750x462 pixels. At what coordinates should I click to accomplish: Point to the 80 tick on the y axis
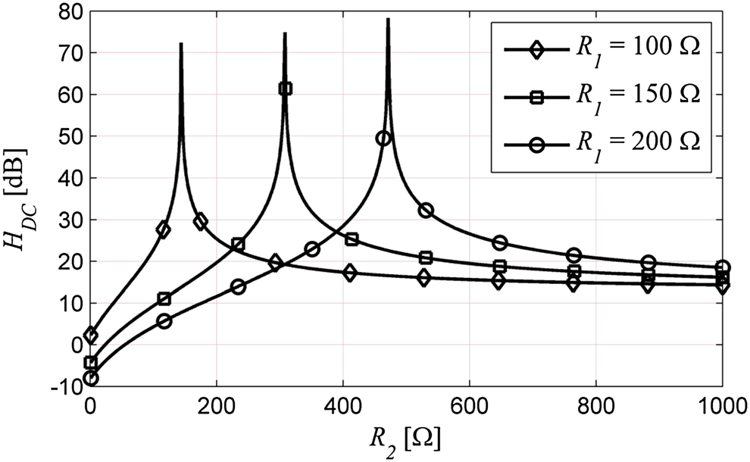[69, 11]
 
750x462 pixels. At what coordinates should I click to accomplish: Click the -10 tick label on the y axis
[64, 386]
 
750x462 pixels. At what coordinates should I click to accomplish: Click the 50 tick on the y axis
[69, 136]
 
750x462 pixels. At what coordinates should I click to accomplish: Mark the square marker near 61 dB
[285, 89]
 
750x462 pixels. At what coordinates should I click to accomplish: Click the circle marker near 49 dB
[383, 138]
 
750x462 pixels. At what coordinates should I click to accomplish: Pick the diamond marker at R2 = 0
[91, 336]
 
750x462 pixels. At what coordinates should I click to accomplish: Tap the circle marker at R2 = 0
[91, 378]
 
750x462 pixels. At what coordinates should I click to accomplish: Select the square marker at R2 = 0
[91, 363]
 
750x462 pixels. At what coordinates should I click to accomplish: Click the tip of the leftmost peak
[181, 44]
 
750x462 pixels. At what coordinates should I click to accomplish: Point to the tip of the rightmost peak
[388, 20]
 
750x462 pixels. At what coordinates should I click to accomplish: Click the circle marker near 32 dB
[426, 210]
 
